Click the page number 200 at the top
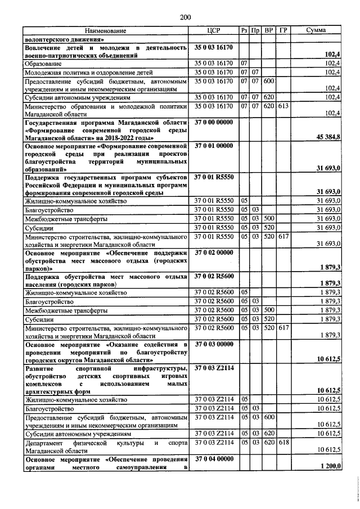click(186, 18)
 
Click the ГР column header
click(283, 30)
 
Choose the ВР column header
click(269, 30)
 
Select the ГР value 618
click(283, 443)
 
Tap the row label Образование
click(43, 65)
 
